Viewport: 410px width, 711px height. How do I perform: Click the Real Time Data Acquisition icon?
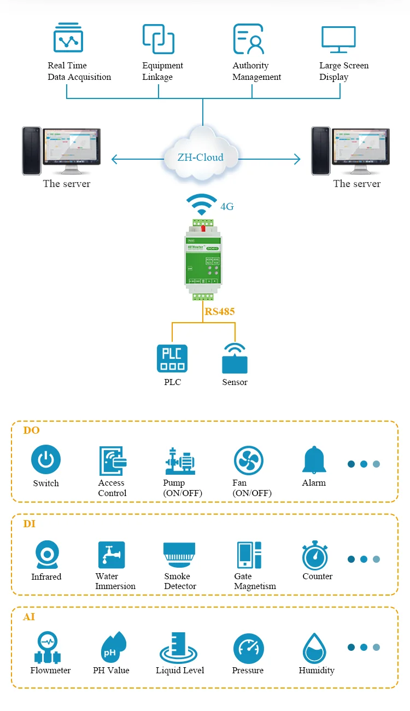(x=68, y=38)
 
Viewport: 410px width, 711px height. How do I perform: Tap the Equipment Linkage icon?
(x=159, y=38)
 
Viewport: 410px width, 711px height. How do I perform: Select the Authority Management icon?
(x=249, y=38)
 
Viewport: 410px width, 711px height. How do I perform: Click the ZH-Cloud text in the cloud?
(x=201, y=158)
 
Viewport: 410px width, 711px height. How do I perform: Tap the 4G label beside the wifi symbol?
(x=227, y=207)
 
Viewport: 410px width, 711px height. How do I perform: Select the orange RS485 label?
(x=220, y=312)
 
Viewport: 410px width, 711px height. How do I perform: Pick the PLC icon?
(x=172, y=358)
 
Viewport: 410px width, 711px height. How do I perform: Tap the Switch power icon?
(x=46, y=459)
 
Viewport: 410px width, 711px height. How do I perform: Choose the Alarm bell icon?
(x=314, y=460)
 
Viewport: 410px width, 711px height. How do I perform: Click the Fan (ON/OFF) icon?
(x=249, y=461)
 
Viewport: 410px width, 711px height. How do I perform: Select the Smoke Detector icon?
(x=179, y=555)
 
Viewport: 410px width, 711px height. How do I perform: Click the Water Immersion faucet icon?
(x=112, y=555)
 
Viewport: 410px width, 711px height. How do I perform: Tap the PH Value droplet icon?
(x=113, y=648)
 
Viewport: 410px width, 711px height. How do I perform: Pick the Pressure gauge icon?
(x=249, y=649)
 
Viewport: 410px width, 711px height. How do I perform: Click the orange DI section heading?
(x=29, y=524)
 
